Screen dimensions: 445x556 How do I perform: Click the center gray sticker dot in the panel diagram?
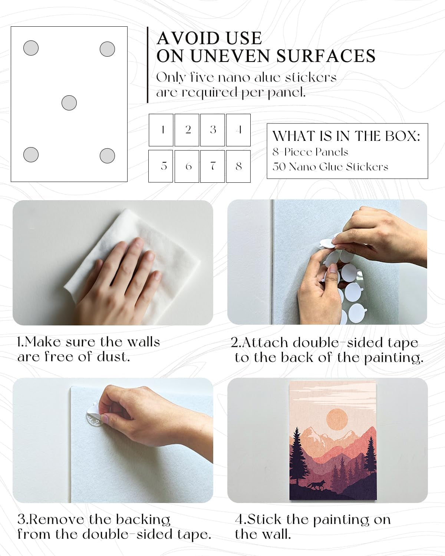click(69, 103)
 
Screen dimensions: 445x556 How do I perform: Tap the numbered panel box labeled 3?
click(212, 130)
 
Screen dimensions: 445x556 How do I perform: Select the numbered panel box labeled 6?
click(187, 166)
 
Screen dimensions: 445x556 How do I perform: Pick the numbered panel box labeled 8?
click(238, 166)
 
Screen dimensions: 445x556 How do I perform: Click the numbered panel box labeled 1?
click(161, 130)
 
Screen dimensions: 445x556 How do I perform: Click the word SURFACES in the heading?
click(326, 56)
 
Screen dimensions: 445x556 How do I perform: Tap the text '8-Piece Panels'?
click(310, 152)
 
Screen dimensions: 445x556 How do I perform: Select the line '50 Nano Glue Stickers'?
click(330, 167)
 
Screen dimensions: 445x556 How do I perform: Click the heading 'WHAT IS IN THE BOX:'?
click(346, 136)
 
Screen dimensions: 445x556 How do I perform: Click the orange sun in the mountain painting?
click(337, 419)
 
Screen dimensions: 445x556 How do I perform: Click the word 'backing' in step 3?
click(143, 520)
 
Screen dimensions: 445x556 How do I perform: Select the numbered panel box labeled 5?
click(161, 166)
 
